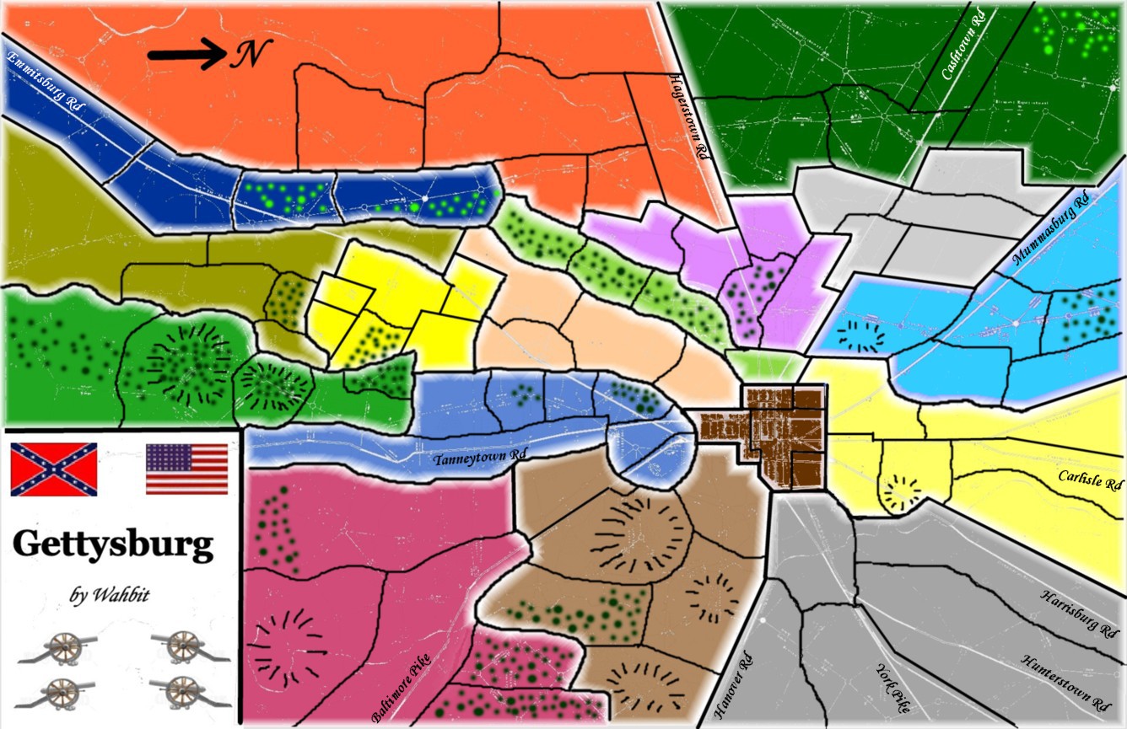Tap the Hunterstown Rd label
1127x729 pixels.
click(1065, 681)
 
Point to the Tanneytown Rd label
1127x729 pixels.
click(480, 458)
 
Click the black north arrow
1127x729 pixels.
click(186, 55)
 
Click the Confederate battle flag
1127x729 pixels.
click(54, 469)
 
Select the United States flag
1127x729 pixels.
click(186, 469)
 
